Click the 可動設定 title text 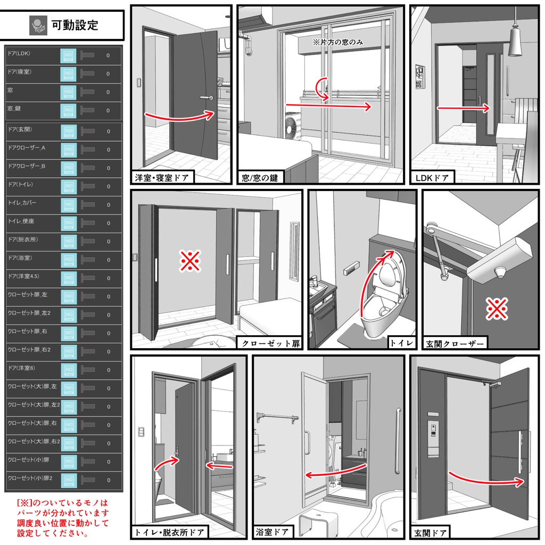[75, 25]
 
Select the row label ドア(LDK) [19, 54]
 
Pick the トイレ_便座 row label [21, 221]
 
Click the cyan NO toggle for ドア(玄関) [68, 131]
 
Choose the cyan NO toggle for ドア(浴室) [68, 260]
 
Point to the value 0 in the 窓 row [108, 92]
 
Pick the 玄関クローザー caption [455, 344]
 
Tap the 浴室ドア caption [272, 532]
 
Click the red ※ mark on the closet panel [189, 262]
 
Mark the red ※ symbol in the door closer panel [497, 309]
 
